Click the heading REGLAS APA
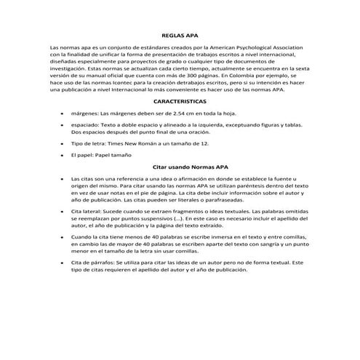[180, 34]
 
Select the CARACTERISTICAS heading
[180, 102]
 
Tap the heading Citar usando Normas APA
[180, 167]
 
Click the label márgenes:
[85, 114]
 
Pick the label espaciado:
[87, 125]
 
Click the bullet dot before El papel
[63, 156]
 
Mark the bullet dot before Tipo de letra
[63, 145]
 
